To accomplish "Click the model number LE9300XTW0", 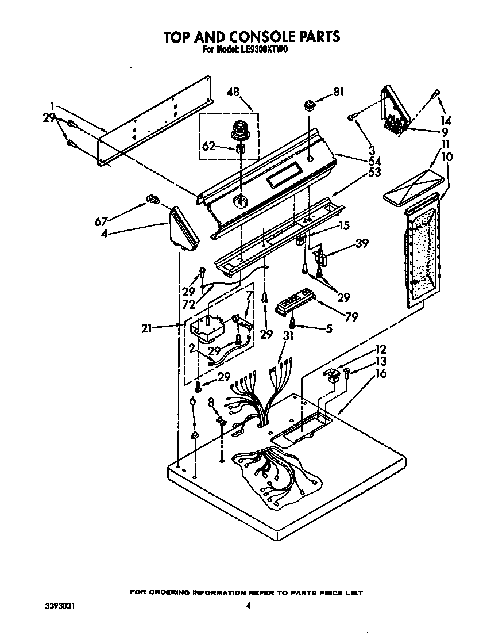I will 264,51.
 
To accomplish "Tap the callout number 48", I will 233,91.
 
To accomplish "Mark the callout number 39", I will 362,243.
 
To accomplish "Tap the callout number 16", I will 381,374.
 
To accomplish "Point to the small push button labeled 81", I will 310,105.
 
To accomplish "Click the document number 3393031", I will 61,606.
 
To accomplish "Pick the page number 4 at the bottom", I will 248,606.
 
